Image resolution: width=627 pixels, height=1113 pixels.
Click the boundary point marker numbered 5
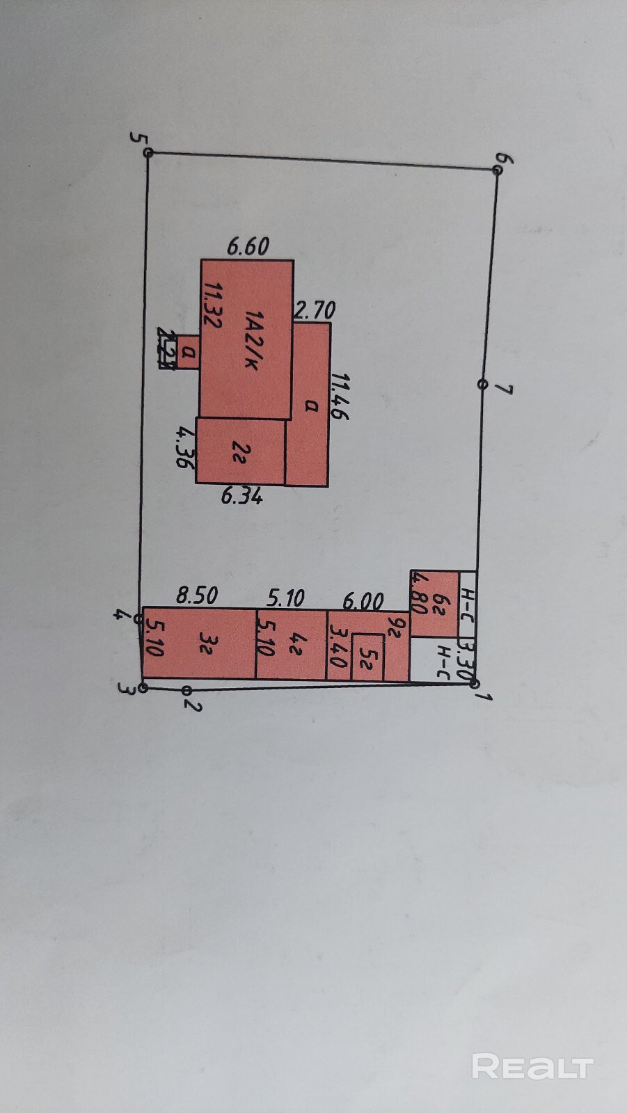[x=148, y=152]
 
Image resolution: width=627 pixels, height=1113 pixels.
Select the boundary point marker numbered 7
[x=482, y=384]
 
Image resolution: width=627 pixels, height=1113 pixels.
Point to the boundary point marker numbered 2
[x=186, y=690]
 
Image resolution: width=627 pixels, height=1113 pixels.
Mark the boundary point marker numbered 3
[x=143, y=688]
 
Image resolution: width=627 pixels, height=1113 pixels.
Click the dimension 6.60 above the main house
[x=248, y=247]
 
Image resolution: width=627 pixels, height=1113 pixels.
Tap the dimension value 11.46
[x=340, y=397]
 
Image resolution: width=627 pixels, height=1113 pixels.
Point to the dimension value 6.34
[x=241, y=496]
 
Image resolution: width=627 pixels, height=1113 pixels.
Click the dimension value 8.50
[x=196, y=595]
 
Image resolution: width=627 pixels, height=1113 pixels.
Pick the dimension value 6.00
[x=363, y=600]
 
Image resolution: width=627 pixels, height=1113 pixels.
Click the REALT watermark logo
[x=532, y=1066]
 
